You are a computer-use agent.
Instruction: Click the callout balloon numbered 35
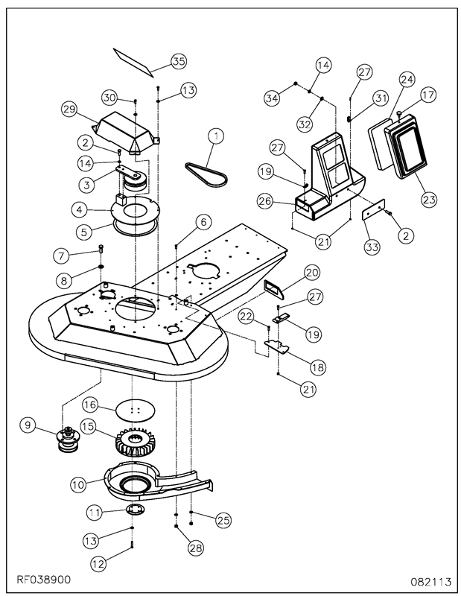(x=179, y=61)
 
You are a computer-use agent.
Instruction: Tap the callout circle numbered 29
(x=69, y=110)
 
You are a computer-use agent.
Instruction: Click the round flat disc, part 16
(x=136, y=410)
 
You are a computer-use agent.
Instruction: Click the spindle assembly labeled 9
(x=68, y=440)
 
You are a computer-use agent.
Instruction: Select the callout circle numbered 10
(x=78, y=485)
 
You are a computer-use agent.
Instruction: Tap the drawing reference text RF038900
(x=43, y=580)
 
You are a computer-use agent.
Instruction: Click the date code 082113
(x=431, y=582)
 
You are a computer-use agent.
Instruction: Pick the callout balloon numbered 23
(x=429, y=199)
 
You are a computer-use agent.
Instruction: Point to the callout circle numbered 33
(x=372, y=247)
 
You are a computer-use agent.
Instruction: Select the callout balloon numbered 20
(x=312, y=273)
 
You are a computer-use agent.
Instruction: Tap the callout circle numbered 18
(x=318, y=367)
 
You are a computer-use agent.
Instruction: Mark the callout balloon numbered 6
(x=203, y=222)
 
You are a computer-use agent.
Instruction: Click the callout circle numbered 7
(x=61, y=256)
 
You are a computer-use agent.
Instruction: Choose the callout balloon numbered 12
(x=98, y=564)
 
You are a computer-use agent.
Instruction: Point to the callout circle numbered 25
(x=223, y=520)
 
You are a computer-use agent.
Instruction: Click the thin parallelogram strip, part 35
(x=133, y=62)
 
